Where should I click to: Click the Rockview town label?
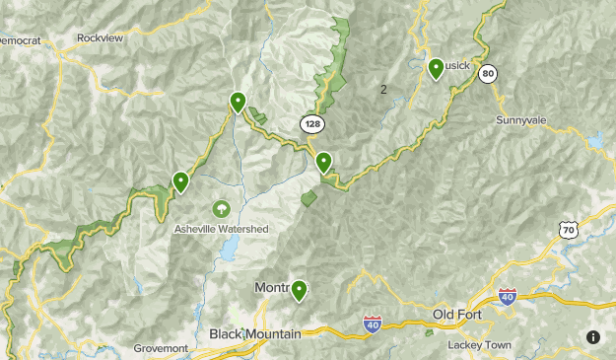coord(102,39)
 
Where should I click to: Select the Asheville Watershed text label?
coord(221,229)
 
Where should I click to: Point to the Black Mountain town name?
coord(254,334)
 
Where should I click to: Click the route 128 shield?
coord(311,124)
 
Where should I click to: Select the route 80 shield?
coord(487,74)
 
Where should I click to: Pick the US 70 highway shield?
coord(566,230)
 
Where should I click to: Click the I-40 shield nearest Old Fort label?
coord(507,296)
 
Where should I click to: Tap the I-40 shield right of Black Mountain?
coord(372,323)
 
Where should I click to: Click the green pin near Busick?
coord(436,68)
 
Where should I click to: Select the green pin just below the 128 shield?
coord(323,161)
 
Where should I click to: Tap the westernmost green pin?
coord(180,181)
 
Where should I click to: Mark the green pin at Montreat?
coord(298,289)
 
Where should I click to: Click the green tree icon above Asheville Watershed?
coord(221,209)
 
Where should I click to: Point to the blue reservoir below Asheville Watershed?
coord(229,252)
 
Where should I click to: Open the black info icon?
coord(592,336)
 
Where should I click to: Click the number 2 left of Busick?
coord(383,90)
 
